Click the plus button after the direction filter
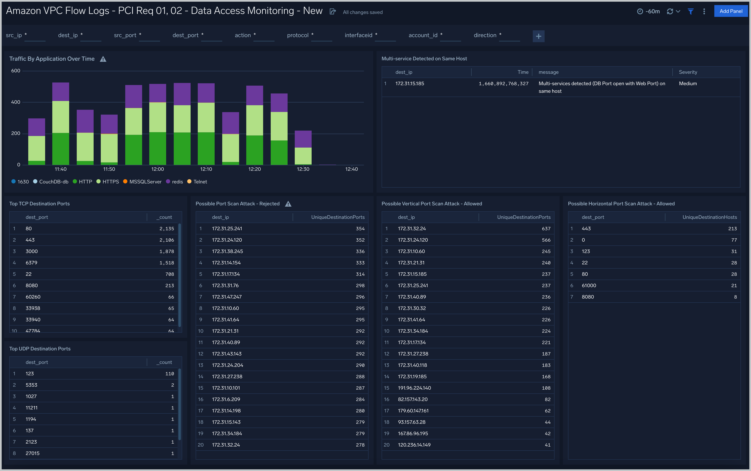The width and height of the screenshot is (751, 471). coord(538,36)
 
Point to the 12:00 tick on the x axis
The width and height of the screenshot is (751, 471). coord(158,169)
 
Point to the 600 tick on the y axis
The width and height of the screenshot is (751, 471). coord(16,71)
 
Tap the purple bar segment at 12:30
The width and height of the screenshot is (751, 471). coord(303,139)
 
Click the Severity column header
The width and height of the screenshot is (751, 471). coord(688,72)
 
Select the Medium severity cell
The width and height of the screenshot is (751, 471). coord(688,83)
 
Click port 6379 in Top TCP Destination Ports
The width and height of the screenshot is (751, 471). coord(31,263)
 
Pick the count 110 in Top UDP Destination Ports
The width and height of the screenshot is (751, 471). coord(170,374)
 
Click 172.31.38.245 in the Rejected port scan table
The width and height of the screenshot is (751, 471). coord(227,251)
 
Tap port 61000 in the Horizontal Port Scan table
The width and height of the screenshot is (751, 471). coord(589,285)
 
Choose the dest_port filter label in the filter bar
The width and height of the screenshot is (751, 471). coord(185,35)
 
